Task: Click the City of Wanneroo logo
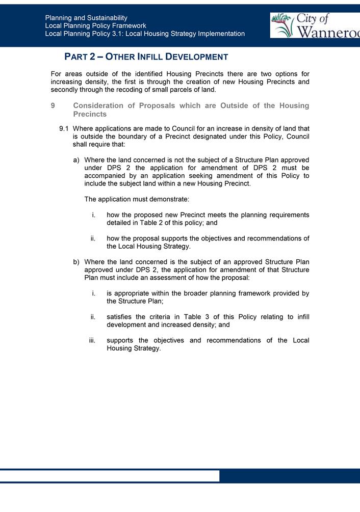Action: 315,25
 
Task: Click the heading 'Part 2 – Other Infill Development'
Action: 146,57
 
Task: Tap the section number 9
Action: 53,105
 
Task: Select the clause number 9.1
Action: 64,128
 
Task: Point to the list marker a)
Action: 76,160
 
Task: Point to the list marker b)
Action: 76,262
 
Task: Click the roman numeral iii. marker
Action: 93,340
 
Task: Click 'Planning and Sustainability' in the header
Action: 86,18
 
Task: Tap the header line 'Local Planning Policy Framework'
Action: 95,25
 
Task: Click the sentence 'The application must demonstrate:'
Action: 137,199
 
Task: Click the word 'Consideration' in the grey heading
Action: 98,105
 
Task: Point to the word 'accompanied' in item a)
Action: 105,176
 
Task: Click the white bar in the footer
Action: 110,476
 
